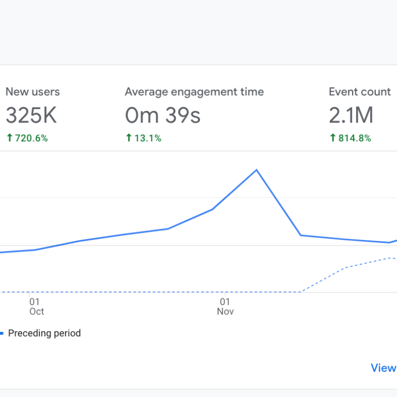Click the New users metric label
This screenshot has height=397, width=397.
(x=33, y=92)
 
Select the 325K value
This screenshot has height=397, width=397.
(x=31, y=116)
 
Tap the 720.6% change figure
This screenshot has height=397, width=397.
(x=30, y=138)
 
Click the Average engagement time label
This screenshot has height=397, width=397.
(x=194, y=92)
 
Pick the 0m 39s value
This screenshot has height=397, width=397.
(x=163, y=116)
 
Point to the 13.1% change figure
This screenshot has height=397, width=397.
(x=147, y=138)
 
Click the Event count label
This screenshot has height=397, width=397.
(x=360, y=92)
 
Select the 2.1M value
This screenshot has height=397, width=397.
(x=351, y=116)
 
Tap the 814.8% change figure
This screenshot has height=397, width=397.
(x=355, y=138)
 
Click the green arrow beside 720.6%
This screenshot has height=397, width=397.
(x=9, y=138)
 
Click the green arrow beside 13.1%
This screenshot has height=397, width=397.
(x=129, y=138)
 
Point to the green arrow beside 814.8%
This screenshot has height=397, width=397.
(x=332, y=138)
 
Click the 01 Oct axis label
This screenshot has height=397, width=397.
(x=36, y=307)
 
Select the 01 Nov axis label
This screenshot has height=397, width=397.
(x=225, y=307)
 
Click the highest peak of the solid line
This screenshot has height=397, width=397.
(x=256, y=170)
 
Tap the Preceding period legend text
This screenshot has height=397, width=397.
(x=44, y=333)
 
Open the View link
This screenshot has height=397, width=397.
(x=383, y=368)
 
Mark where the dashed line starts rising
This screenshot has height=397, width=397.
(x=301, y=292)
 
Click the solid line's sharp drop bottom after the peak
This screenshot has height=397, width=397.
(x=301, y=235)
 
